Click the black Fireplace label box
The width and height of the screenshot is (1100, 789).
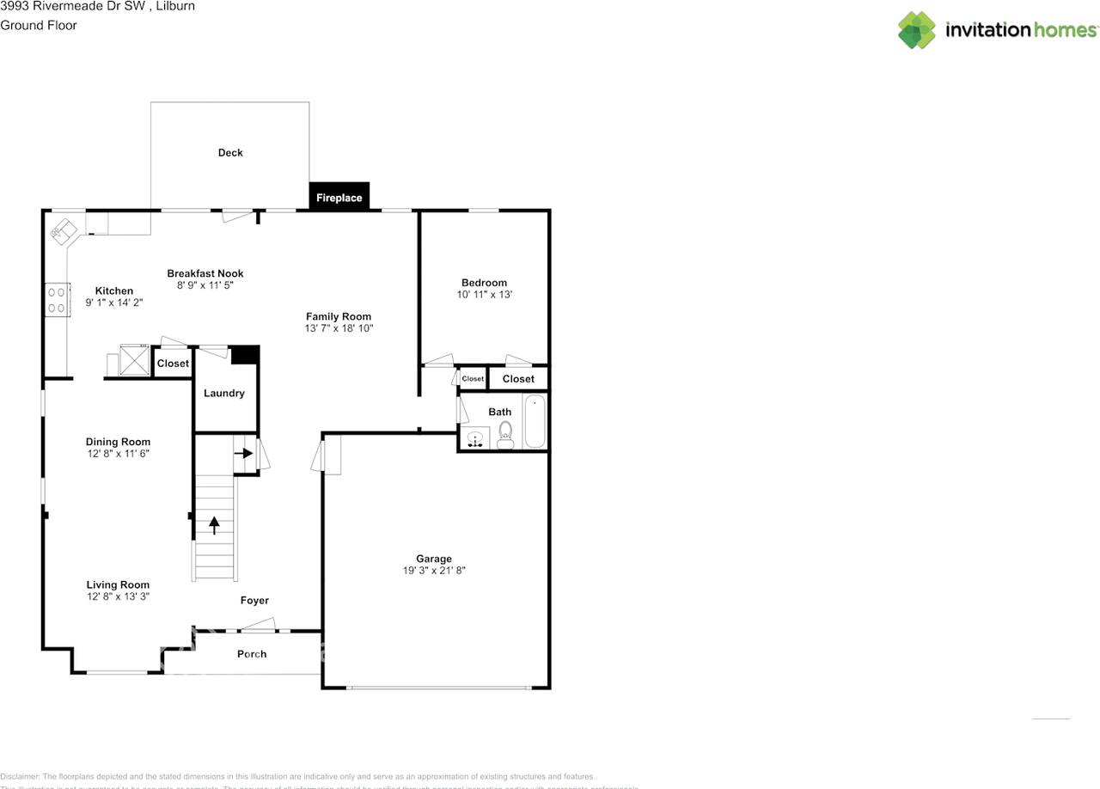pos(339,197)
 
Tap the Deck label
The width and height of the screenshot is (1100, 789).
pos(230,153)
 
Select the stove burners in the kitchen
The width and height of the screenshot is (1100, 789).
pos(57,299)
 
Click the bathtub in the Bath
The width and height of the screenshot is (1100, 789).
pos(535,421)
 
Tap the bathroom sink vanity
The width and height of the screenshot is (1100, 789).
pos(475,438)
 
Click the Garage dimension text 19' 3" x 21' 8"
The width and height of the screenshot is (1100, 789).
pos(434,571)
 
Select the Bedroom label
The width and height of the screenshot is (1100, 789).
pos(484,283)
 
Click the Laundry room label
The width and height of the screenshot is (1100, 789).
pos(224,394)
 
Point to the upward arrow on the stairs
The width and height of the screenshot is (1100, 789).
pos(214,523)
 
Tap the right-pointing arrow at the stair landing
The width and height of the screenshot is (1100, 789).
pos(245,453)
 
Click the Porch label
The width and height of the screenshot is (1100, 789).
pos(252,654)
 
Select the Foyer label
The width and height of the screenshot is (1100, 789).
pos(254,601)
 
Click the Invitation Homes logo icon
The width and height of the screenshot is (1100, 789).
pos(916,30)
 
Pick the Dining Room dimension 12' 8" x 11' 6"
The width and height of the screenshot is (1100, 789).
pos(118,454)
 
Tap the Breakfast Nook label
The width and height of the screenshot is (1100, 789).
pos(205,273)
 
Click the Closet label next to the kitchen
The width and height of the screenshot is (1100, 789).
pos(173,364)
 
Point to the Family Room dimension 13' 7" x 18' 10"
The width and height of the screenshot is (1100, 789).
pos(339,328)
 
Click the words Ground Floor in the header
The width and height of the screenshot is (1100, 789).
pos(39,25)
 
